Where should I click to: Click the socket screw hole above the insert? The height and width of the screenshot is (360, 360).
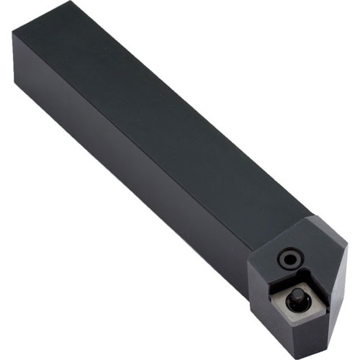tap(289, 257)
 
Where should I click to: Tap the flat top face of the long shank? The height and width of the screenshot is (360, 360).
tap(166, 122)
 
